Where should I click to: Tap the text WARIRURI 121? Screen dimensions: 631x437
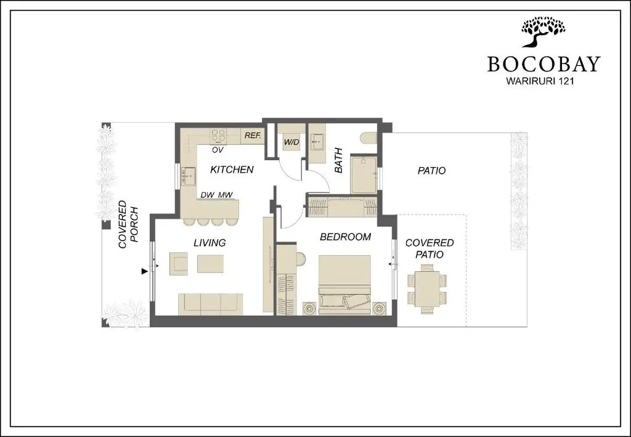pyautogui.click(x=540, y=81)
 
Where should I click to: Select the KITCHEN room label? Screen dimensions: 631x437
pyautogui.click(x=232, y=169)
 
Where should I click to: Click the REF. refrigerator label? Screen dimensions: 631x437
pyautogui.click(x=253, y=135)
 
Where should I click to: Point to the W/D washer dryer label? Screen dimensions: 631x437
pyautogui.click(x=291, y=142)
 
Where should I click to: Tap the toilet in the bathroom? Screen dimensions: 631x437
pyautogui.click(x=369, y=138)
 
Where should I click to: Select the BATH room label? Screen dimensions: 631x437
pyautogui.click(x=338, y=160)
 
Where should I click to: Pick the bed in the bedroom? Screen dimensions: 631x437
pyautogui.click(x=344, y=285)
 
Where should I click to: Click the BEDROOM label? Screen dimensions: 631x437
pyautogui.click(x=345, y=237)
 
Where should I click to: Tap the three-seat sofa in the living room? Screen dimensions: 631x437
pyautogui.click(x=211, y=304)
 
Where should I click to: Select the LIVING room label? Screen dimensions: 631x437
pyautogui.click(x=210, y=243)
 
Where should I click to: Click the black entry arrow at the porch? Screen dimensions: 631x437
pyautogui.click(x=144, y=272)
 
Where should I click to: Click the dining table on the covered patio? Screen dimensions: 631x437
pyautogui.click(x=427, y=288)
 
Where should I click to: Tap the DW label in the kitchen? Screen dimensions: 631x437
pyautogui.click(x=207, y=195)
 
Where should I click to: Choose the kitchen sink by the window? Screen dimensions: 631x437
pyautogui.click(x=189, y=176)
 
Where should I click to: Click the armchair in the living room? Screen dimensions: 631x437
pyautogui.click(x=178, y=264)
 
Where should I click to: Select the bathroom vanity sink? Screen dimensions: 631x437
pyautogui.click(x=317, y=141)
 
